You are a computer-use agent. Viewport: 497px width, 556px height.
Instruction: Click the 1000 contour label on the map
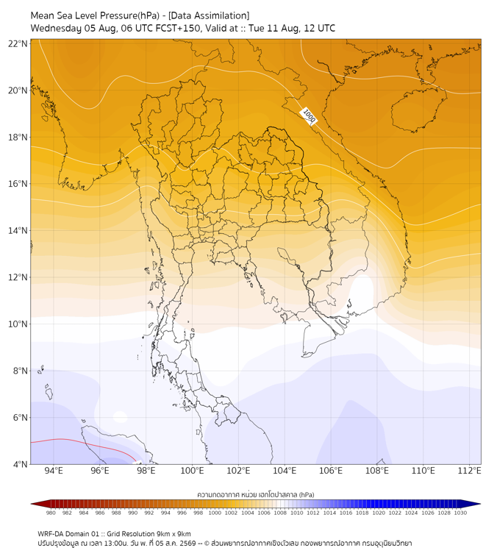(308, 116)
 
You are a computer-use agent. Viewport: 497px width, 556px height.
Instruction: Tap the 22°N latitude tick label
(18, 43)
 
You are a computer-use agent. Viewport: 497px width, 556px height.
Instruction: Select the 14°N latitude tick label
(18, 230)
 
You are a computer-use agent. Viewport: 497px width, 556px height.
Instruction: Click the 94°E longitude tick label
(54, 471)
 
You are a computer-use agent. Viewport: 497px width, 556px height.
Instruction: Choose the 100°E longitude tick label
(192, 471)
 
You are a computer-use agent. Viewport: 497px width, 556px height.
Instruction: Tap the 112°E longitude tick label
(469, 471)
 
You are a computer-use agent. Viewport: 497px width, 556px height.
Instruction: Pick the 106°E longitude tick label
(331, 471)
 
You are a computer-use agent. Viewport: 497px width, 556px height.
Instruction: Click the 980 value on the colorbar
(51, 513)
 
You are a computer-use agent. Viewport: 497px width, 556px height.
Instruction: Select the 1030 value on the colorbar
(460, 513)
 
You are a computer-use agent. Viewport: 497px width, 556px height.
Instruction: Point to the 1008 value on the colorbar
(280, 513)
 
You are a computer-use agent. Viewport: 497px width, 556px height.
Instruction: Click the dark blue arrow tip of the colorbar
(480, 504)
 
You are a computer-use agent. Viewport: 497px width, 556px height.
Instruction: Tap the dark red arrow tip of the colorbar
(32, 504)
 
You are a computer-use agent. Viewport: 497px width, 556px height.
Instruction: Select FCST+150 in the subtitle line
(178, 29)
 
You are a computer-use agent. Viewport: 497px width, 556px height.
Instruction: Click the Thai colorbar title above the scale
(256, 494)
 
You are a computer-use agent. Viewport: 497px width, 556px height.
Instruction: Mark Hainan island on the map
(418, 110)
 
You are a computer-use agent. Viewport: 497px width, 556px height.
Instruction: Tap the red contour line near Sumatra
(85, 446)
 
